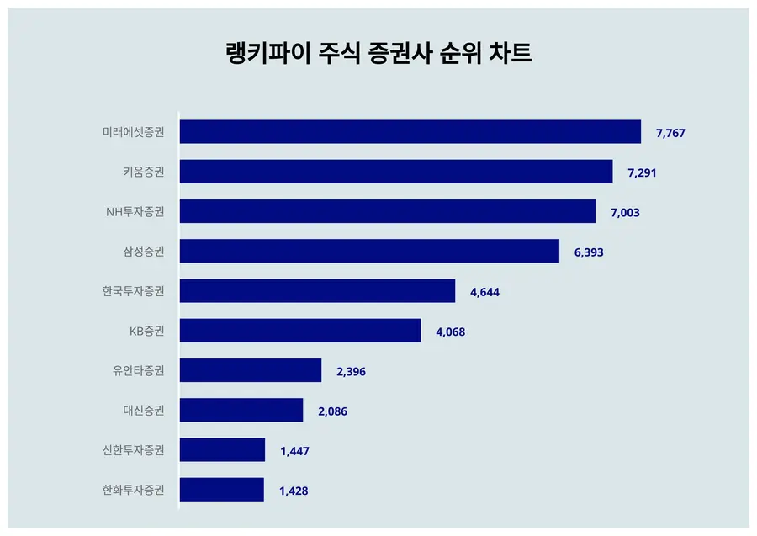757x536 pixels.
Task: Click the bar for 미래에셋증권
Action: coord(410,132)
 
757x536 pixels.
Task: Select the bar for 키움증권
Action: coord(396,172)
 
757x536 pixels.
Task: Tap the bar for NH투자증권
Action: coord(388,211)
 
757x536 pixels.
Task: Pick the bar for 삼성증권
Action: coord(369,251)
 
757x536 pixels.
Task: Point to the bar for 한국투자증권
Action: coord(317,291)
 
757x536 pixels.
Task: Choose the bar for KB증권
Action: coord(300,331)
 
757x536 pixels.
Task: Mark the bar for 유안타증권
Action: coord(251,370)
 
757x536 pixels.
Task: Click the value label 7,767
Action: coord(672,133)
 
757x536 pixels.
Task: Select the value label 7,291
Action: coord(642,172)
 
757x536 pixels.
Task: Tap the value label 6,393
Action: coord(589,252)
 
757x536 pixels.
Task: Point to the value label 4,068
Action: coord(450,332)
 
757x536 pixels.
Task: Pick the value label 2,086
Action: coord(332,411)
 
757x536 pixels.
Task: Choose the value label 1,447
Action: coord(294,451)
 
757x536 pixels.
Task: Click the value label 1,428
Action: coord(294,491)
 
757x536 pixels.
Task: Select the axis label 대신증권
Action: coord(143,411)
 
